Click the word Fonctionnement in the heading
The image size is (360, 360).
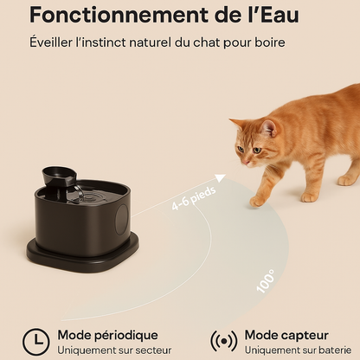119,15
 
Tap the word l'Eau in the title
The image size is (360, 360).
274,15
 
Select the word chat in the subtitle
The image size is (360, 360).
206,42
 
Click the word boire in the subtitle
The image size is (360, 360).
270,42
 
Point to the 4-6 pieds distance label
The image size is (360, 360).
194,198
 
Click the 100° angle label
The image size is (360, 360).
266,281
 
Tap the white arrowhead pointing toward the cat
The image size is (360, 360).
221,178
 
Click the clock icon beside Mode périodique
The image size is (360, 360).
36,342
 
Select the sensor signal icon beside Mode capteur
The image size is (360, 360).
224,342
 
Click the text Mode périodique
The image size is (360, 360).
108,336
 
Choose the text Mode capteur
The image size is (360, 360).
286,335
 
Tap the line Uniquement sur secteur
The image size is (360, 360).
114,350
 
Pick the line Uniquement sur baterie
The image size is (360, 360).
299,350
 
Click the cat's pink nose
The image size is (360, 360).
245,163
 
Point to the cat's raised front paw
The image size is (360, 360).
259,202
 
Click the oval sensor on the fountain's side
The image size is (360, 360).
122,220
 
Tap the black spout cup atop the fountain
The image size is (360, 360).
60,175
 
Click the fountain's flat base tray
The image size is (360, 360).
83,254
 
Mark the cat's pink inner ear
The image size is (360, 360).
270,129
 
